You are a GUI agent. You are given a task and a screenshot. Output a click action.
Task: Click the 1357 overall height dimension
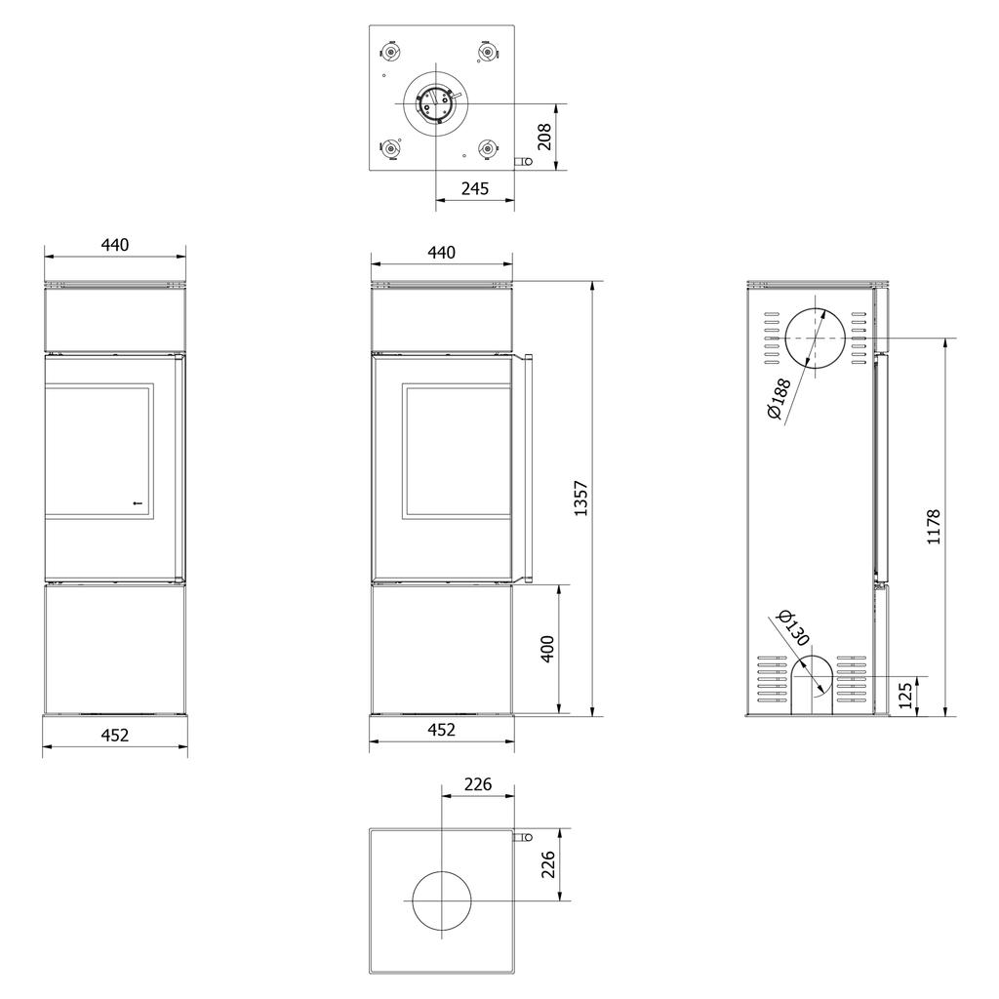pyautogui.click(x=581, y=498)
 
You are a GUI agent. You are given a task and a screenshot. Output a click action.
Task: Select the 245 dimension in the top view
pyautogui.click(x=474, y=189)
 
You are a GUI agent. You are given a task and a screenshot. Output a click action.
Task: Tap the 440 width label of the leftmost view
pyautogui.click(x=115, y=245)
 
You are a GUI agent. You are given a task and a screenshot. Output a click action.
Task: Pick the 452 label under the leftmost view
pyautogui.click(x=115, y=735)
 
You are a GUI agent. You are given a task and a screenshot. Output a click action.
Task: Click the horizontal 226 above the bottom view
pyautogui.click(x=477, y=783)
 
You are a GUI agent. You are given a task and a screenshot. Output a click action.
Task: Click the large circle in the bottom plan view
pyautogui.click(x=442, y=899)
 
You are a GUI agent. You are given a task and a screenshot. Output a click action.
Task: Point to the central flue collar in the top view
pyautogui.click(x=434, y=102)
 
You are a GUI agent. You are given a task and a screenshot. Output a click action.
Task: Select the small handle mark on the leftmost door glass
pyautogui.click(x=137, y=503)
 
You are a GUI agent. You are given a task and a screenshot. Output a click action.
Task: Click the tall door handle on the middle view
pyautogui.click(x=526, y=469)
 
